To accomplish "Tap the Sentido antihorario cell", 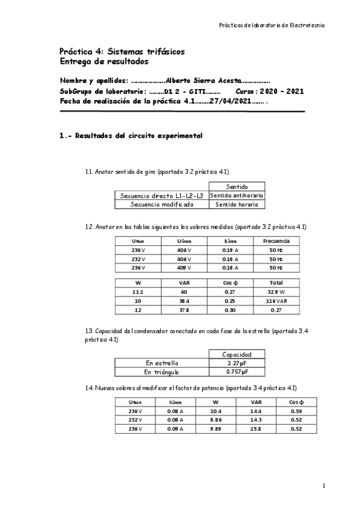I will [237, 195].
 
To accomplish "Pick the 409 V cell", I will [184, 268].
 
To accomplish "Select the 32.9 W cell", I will [276, 291].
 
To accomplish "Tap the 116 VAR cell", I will [276, 300].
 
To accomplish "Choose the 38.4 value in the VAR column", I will [184, 300].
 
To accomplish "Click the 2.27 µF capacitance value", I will [233, 363].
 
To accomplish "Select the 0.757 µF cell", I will [233, 372].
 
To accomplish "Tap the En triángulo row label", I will [162, 372].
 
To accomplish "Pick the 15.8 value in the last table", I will [255, 429].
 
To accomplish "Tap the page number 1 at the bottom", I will [323, 485].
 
